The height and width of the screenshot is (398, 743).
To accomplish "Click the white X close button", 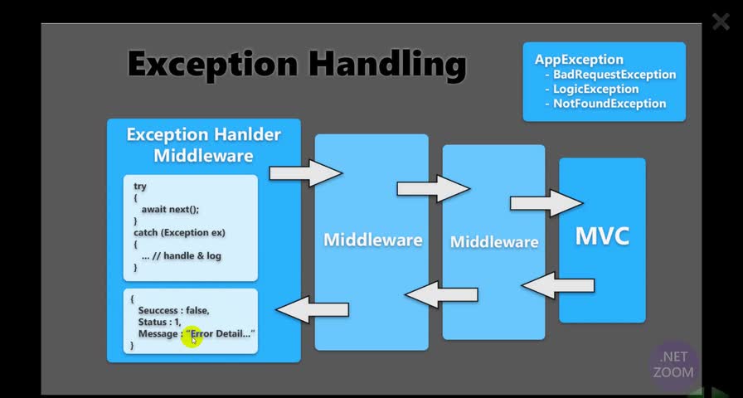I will tap(720, 22).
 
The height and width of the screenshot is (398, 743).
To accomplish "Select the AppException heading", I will tap(579, 60).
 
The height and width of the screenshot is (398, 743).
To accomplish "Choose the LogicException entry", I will tap(595, 90).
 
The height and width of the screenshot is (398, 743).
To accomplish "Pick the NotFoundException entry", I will tap(609, 104).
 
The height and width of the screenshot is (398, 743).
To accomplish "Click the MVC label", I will tap(602, 236).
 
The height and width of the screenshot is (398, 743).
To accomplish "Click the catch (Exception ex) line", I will tap(179, 233).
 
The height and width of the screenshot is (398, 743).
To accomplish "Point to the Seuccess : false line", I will tap(173, 310).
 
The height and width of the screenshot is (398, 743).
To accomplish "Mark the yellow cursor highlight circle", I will tap(192, 336).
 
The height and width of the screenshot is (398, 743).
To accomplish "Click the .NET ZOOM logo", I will tap(673, 365).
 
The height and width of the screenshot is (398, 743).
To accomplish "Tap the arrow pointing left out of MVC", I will tap(557, 285).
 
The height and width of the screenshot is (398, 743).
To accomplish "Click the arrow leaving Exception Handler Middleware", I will tap(306, 172).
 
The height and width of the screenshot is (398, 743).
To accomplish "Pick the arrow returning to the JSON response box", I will tap(312, 309).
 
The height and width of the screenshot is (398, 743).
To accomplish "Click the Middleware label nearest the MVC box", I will tap(493, 242).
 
